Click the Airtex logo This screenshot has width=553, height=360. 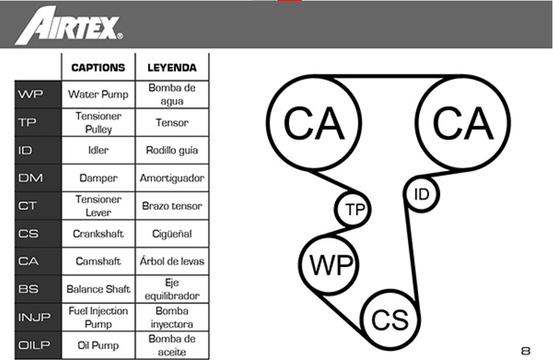(68, 26)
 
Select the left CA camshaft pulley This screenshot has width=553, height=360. (314, 123)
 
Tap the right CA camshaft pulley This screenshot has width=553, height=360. (463, 123)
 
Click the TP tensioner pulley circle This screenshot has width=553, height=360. (354, 210)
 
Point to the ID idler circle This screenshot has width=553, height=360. (422, 195)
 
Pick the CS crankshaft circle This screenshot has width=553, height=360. (390, 319)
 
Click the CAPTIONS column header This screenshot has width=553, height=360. (98, 68)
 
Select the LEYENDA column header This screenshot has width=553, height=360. (172, 68)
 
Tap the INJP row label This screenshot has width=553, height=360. (35, 317)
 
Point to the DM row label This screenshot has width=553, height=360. (30, 178)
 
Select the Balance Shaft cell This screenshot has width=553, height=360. (98, 289)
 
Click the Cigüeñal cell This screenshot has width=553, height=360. (172, 234)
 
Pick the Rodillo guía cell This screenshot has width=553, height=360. (172, 150)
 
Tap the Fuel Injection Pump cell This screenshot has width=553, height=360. (98, 317)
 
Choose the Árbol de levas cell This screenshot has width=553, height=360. (172, 261)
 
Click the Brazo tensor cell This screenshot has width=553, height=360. (172, 206)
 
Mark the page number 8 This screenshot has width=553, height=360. (526, 351)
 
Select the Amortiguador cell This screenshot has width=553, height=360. (172, 178)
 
